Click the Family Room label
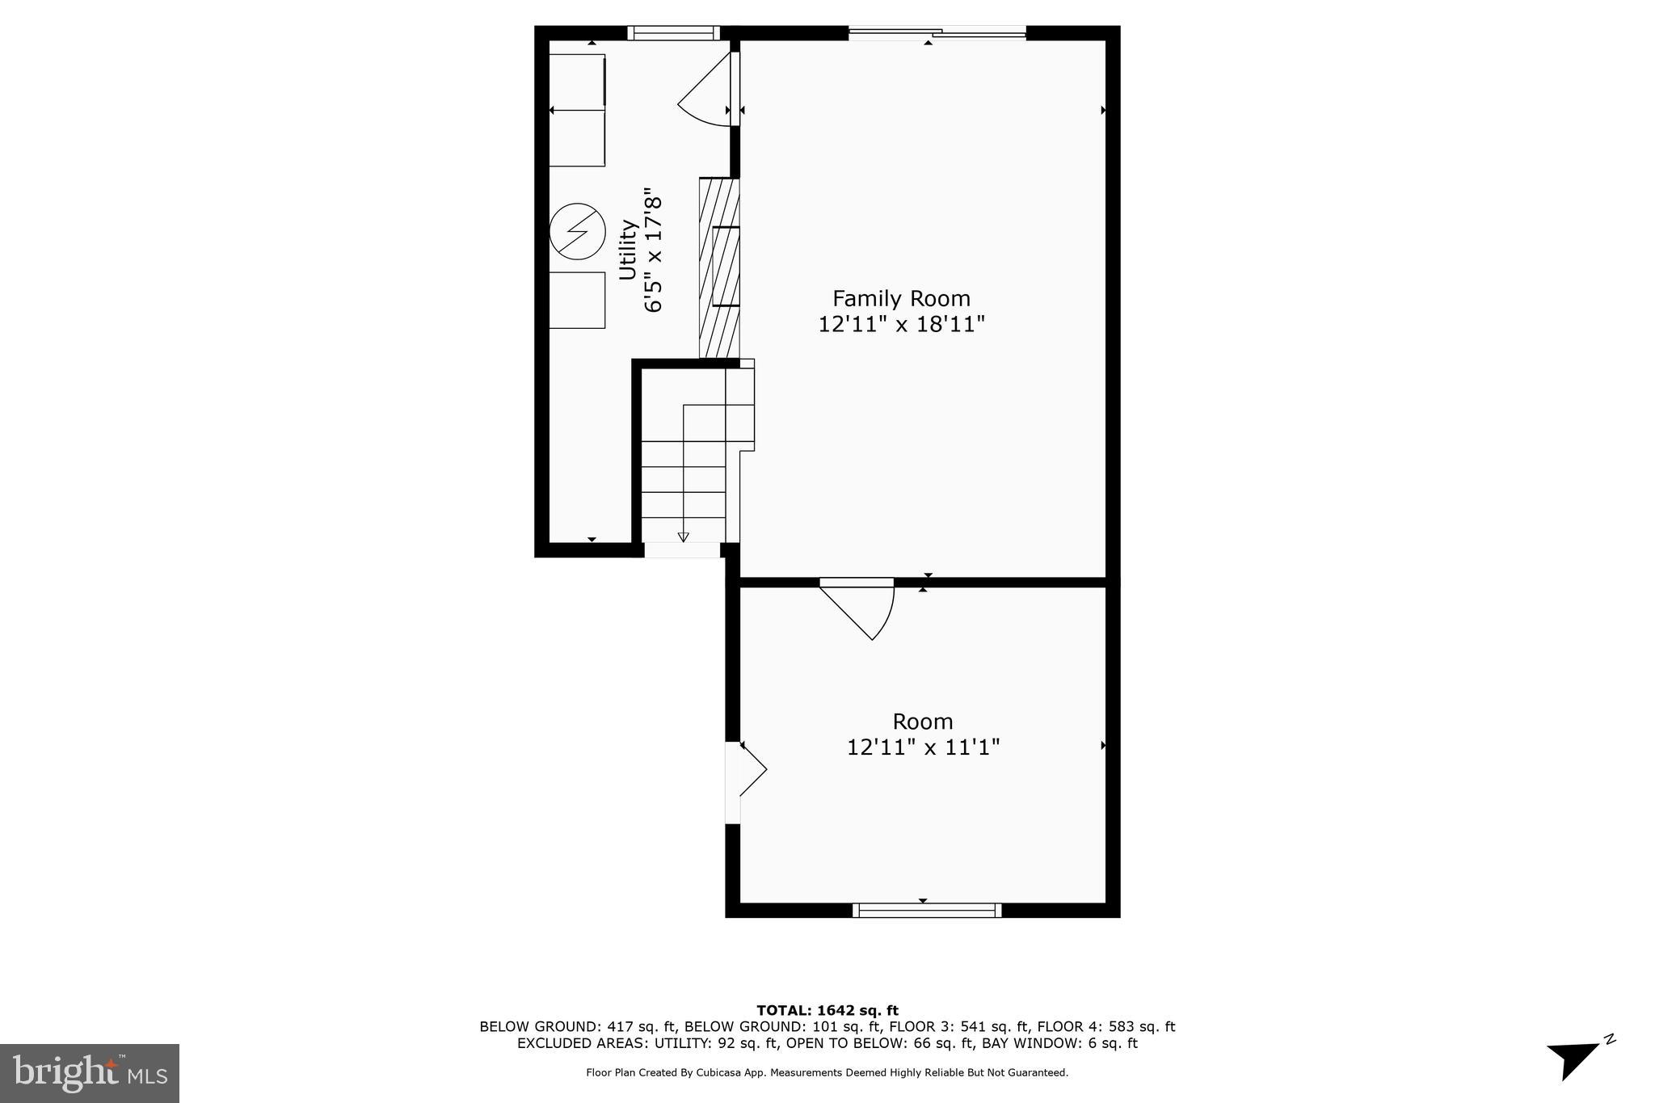tap(901, 298)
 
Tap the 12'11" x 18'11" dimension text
tap(901, 325)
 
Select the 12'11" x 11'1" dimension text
tap(923, 747)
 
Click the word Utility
tap(628, 250)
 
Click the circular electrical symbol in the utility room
tap(577, 230)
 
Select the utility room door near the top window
tap(707, 89)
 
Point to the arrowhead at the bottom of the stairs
tap(683, 537)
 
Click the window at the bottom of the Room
tap(927, 911)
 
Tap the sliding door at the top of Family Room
tap(937, 33)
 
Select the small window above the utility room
tap(673, 33)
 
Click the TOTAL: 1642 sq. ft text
tap(827, 1010)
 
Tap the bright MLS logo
tap(89, 1073)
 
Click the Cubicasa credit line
tap(827, 1073)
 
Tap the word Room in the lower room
tap(922, 722)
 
